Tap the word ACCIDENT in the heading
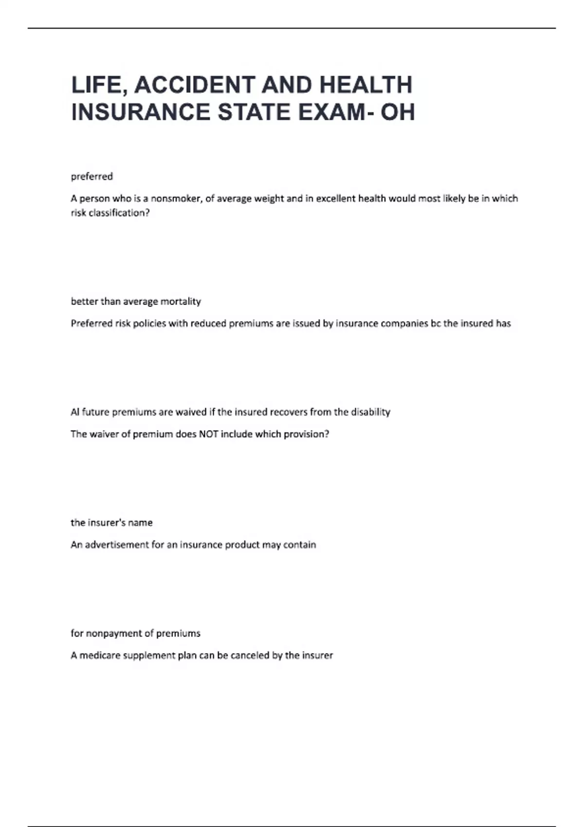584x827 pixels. (x=195, y=85)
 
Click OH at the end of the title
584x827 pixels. (x=398, y=112)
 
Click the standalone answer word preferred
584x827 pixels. (x=91, y=177)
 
